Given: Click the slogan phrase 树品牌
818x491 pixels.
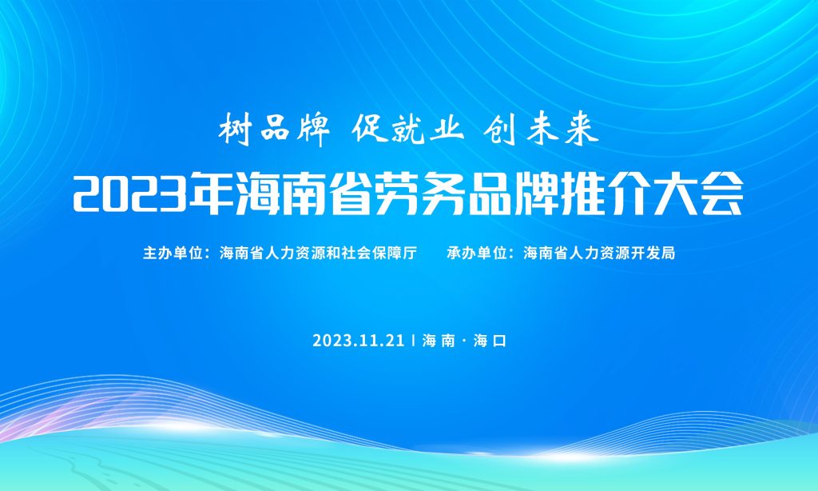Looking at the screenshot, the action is pos(274,129).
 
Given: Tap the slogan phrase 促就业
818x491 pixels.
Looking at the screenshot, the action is pos(407,129).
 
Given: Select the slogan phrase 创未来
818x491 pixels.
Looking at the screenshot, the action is pos(541,129).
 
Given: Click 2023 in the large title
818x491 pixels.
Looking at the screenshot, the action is pos(130,194).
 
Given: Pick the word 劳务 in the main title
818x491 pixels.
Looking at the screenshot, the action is pos(420,194).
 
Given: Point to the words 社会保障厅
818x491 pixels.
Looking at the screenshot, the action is pos(379,253).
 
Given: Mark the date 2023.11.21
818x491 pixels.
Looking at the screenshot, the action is pos(359,341).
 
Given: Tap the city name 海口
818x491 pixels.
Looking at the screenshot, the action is pos(490,341).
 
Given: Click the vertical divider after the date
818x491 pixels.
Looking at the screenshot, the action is pos(413,341).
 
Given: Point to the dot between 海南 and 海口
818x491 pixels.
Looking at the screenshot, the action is pos(464,341).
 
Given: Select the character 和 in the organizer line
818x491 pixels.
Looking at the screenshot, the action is pos(334,253).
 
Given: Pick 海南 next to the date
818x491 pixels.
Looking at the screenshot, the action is pos(439,341).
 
